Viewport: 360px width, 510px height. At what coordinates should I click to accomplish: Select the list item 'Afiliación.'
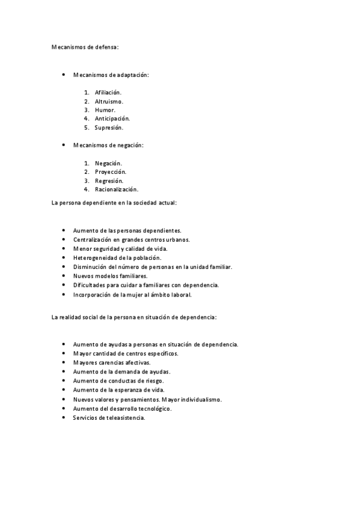[108, 92]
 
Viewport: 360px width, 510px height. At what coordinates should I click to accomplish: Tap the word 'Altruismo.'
[109, 101]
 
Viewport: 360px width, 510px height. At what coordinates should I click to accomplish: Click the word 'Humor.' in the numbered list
[105, 110]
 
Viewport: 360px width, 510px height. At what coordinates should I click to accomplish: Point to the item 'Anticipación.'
[112, 118]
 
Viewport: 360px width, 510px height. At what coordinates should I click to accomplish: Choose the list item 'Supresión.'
[109, 127]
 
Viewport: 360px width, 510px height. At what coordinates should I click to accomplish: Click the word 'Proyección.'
[111, 171]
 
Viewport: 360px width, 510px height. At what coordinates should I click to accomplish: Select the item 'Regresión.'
[109, 180]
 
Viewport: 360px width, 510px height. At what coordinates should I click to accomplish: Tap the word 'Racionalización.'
[116, 189]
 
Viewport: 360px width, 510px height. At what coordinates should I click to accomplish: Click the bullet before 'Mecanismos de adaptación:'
[64, 75]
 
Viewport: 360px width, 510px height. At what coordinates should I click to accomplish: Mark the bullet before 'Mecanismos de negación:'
[64, 145]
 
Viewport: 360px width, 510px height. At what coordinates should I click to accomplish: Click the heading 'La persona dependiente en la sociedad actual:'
[114, 203]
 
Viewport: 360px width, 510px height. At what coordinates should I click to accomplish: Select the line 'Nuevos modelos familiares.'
[110, 275]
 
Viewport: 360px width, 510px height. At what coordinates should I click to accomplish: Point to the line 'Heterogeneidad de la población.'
[117, 257]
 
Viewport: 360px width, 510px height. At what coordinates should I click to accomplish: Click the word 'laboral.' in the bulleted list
[181, 295]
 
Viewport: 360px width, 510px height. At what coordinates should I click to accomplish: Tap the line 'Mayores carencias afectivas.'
[112, 363]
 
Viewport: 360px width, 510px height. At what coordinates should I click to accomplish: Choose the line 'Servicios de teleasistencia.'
[109, 417]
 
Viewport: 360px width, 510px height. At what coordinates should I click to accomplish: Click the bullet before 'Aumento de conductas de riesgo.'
[64, 381]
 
